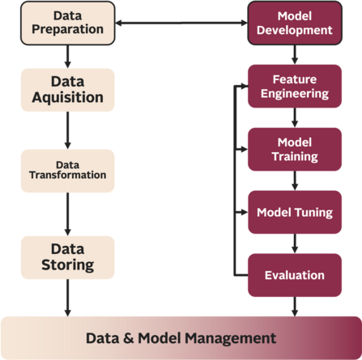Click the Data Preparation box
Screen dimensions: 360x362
[x=67, y=22]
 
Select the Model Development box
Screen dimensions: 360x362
[x=294, y=22]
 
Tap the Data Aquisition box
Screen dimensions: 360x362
[x=67, y=90]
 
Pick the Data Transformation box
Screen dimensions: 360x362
[x=67, y=168]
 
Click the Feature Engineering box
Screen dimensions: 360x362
[x=294, y=86]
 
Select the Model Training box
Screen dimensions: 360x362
[x=294, y=149]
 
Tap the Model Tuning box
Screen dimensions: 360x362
[x=294, y=212]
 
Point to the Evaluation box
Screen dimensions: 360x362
[x=294, y=275]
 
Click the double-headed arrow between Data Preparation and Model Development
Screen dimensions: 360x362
[x=181, y=22]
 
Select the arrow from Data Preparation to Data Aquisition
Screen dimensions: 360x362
[x=67, y=55]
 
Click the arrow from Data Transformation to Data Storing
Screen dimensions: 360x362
[x=67, y=212]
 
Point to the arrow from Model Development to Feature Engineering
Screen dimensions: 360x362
[x=294, y=53]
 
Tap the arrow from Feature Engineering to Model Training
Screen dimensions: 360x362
[x=294, y=117]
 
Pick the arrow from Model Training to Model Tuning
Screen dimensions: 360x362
[x=294, y=180]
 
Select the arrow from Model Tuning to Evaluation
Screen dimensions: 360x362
[x=294, y=244]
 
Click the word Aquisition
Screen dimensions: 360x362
[x=67, y=98]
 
